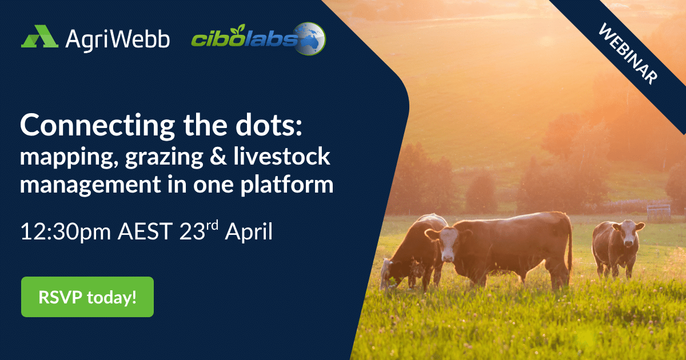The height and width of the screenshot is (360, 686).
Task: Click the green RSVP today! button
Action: (x=87, y=297)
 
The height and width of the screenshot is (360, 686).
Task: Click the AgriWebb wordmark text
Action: (x=117, y=39)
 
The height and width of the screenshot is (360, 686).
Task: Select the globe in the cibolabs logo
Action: (x=309, y=38)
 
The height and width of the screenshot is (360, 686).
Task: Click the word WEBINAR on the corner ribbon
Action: (x=628, y=54)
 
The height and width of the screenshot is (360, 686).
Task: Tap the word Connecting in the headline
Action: (x=97, y=126)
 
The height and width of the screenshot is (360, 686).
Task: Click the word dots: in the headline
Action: (x=269, y=125)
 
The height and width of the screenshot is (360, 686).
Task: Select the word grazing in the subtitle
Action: (x=164, y=157)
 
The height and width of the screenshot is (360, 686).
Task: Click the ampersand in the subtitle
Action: (x=218, y=155)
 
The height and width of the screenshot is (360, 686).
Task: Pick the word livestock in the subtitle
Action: (x=282, y=155)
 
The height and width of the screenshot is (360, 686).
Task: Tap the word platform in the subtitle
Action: (x=286, y=185)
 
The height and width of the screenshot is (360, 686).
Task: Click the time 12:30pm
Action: (x=66, y=232)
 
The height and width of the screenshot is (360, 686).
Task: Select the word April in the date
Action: (x=249, y=232)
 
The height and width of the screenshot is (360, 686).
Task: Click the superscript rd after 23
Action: (x=212, y=225)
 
